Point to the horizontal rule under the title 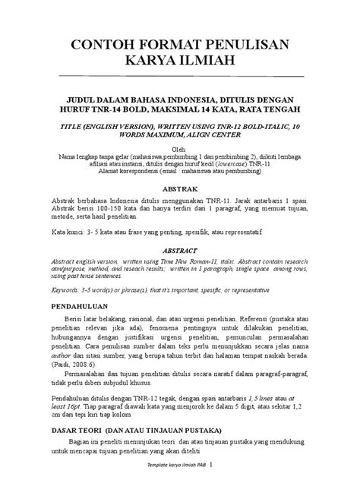point(179,77)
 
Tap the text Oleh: point(180,149)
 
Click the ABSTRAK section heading point(180,188)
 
